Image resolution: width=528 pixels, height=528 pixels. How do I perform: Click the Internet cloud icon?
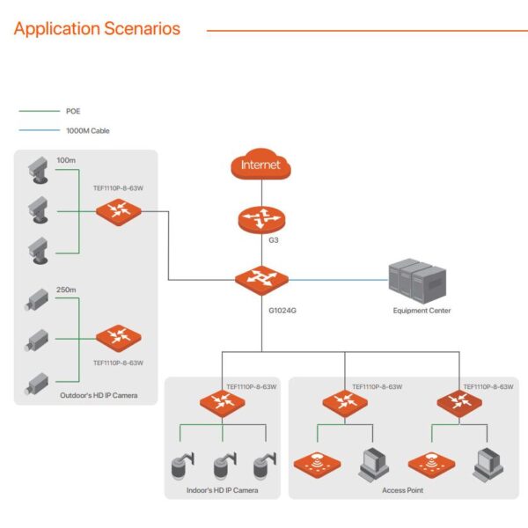[x=261, y=165]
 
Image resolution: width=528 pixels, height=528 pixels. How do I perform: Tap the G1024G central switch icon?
[x=261, y=281]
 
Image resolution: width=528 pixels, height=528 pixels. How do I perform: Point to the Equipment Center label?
[x=422, y=311]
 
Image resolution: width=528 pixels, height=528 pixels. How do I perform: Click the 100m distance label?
[x=66, y=161]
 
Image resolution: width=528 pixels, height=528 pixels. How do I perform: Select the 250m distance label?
[x=66, y=289]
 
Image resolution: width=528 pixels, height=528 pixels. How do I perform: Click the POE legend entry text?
[x=73, y=112]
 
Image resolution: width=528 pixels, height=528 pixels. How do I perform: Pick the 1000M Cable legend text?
[x=88, y=130]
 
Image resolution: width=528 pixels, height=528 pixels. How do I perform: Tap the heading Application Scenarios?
[x=97, y=29]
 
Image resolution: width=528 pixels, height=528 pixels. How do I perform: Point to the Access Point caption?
[x=402, y=490]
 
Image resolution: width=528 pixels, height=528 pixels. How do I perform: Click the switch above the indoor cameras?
[x=222, y=404]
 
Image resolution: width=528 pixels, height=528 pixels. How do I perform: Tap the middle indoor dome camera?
[x=222, y=466]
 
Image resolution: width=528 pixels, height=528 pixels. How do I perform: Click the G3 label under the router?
[x=261, y=238]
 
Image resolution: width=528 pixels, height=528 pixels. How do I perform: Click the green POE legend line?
[x=38, y=112]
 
